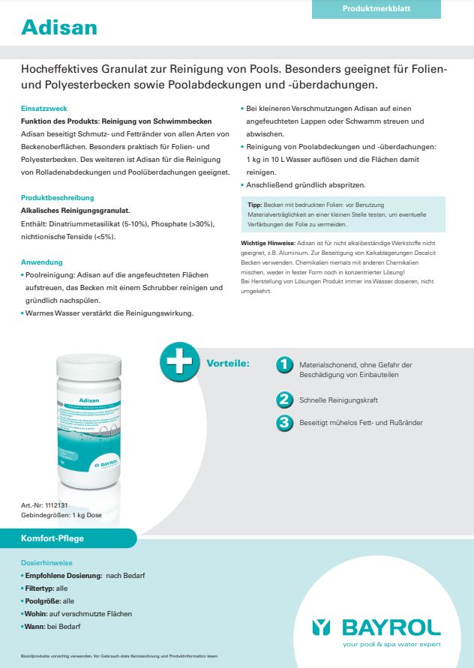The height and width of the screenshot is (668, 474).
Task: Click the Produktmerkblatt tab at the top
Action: (x=376, y=9)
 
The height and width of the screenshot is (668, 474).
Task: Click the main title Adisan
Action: (x=59, y=28)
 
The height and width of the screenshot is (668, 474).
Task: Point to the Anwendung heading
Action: (x=42, y=263)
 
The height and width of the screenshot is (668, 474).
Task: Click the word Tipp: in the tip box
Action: (x=254, y=204)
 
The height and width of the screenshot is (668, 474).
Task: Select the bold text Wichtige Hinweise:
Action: (x=268, y=244)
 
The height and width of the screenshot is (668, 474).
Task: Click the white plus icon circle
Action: (x=177, y=363)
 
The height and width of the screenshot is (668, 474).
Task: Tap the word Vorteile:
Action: (x=227, y=364)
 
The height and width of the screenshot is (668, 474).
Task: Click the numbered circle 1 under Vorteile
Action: (x=284, y=364)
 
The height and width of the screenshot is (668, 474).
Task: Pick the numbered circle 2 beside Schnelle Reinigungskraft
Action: (x=284, y=400)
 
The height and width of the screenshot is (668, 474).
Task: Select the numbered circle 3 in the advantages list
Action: (x=284, y=423)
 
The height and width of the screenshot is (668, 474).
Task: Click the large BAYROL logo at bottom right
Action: (x=376, y=627)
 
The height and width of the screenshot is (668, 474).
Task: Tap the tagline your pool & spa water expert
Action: (x=391, y=645)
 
